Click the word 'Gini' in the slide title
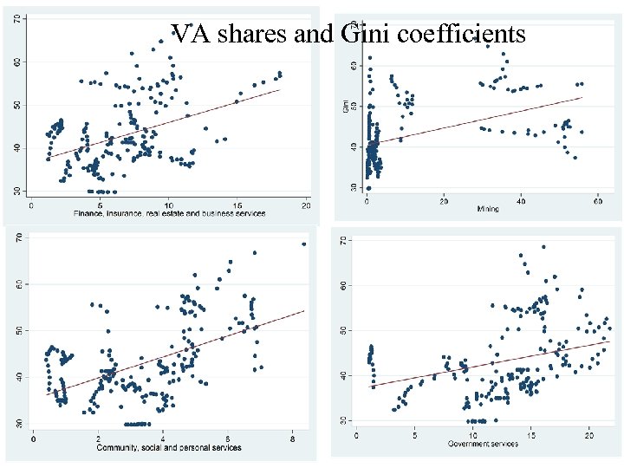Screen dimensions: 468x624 364,34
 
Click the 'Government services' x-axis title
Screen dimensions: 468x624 483,444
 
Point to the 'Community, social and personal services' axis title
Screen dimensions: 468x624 170,447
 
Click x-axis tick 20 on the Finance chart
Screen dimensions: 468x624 306,205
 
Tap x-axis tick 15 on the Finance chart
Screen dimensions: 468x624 237,205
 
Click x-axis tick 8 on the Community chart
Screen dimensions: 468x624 293,439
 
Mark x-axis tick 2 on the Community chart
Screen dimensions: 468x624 98,439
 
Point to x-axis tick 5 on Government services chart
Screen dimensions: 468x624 414,435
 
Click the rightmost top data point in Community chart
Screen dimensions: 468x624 303,244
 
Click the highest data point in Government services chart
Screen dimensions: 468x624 543,247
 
